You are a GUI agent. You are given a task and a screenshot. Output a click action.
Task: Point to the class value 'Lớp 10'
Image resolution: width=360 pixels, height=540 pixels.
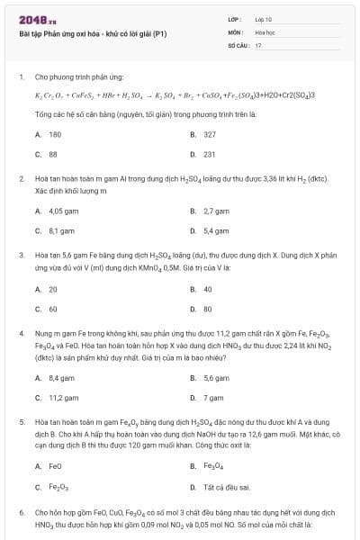(x=263, y=18)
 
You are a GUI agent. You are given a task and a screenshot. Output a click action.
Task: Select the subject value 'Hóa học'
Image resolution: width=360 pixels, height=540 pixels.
(x=265, y=31)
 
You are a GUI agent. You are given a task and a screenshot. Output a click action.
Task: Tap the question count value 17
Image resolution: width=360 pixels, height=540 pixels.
(x=258, y=44)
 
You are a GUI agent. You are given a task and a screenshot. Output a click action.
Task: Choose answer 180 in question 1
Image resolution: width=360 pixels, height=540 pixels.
(x=55, y=134)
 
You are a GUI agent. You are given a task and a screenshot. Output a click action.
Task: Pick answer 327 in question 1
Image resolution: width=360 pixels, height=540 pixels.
(x=210, y=134)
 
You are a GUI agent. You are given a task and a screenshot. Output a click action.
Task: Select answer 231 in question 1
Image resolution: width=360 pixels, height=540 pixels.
(x=210, y=154)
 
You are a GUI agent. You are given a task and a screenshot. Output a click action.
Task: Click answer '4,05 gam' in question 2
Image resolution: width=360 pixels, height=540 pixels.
(x=61, y=211)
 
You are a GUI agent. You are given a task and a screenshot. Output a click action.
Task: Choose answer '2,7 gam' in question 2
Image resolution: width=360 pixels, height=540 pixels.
(x=216, y=211)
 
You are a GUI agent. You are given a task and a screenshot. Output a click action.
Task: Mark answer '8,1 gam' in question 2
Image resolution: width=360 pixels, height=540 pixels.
(x=60, y=230)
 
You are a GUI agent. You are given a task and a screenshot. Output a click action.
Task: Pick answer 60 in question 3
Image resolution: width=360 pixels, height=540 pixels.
(x=53, y=309)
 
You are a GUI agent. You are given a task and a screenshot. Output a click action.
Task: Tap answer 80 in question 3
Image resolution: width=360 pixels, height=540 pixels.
(x=208, y=309)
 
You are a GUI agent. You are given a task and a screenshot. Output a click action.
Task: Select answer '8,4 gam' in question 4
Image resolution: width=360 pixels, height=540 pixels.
(x=60, y=377)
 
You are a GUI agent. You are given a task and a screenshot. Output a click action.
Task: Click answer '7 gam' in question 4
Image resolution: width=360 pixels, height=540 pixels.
(x=213, y=397)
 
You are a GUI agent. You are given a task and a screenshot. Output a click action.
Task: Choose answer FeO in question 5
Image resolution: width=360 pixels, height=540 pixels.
(x=55, y=465)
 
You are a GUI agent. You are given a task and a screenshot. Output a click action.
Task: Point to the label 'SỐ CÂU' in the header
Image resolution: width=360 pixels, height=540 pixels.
(x=238, y=44)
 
